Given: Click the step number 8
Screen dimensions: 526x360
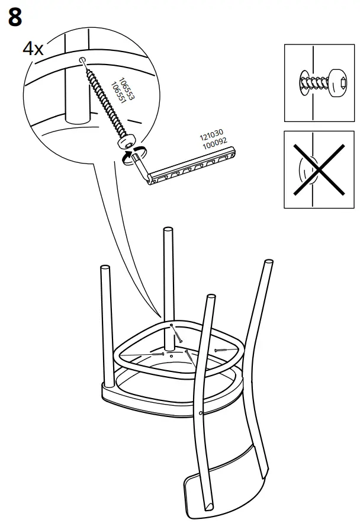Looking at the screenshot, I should [15, 17].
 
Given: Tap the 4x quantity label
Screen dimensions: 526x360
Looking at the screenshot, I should [33, 49].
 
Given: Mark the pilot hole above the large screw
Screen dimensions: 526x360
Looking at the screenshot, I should [81, 60].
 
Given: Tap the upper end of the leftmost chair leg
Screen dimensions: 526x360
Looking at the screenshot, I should [105, 271].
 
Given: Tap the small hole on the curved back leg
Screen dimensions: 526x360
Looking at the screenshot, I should [202, 412].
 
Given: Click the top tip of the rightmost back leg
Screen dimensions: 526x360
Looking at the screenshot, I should [269, 261].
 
